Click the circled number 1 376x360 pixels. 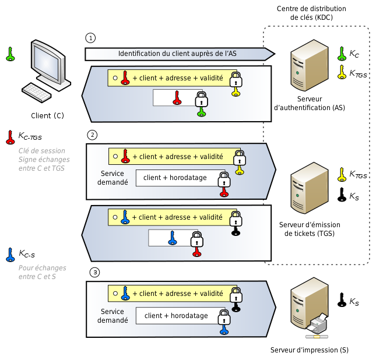click(x=90, y=38)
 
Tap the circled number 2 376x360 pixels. click(x=92, y=135)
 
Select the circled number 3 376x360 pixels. click(x=95, y=272)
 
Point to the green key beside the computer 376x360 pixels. click(x=10, y=54)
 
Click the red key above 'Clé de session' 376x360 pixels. click(x=9, y=137)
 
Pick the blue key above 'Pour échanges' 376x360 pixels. click(x=10, y=255)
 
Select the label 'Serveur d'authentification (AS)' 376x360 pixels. click(x=309, y=104)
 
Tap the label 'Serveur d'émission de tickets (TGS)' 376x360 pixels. click(x=310, y=229)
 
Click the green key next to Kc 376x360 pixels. click(x=342, y=54)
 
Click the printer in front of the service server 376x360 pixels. click(x=318, y=324)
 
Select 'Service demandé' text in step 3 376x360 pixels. click(x=113, y=316)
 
